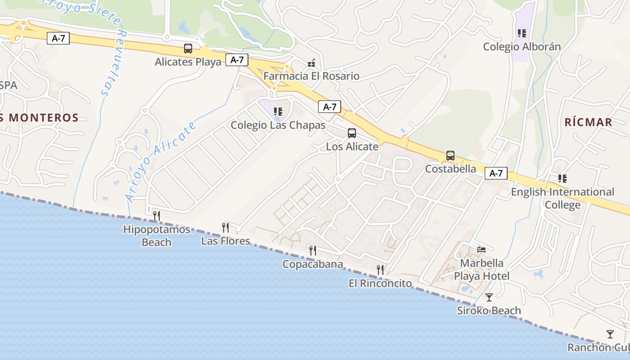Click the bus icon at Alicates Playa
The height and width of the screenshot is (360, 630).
click(188, 49)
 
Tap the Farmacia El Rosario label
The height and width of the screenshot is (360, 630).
click(311, 76)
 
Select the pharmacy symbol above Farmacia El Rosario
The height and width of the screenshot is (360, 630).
click(311, 63)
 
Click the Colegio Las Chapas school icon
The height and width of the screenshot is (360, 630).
click(278, 112)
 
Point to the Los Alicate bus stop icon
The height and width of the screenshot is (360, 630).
click(352, 133)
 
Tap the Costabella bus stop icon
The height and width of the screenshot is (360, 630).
click(450, 156)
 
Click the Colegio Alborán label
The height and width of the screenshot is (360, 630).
click(522, 47)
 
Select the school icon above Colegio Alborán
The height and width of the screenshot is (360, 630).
click(522, 33)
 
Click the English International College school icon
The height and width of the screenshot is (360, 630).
click(562, 179)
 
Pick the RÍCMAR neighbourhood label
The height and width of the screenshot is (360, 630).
click(588, 122)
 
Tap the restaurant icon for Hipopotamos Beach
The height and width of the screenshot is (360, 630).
click(157, 216)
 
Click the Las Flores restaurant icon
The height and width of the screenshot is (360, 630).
click(225, 228)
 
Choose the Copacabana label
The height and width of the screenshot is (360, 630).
click(312, 264)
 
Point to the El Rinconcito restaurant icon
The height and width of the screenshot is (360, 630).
click(380, 270)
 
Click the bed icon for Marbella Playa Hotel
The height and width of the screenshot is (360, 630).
click(481, 250)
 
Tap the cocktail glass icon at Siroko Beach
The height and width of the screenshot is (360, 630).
click(489, 297)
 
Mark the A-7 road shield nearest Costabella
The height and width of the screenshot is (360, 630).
click(496, 173)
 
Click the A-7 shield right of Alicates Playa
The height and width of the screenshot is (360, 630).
click(237, 60)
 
